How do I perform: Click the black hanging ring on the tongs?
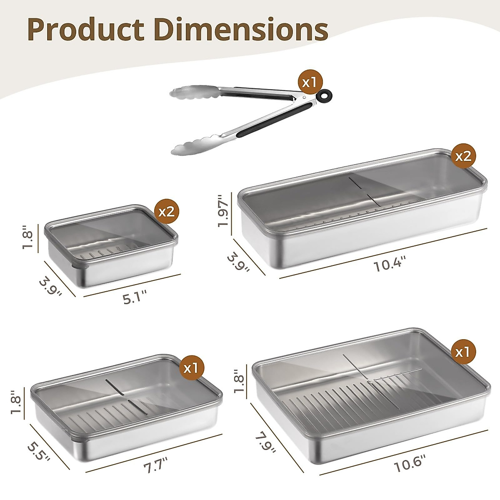324,96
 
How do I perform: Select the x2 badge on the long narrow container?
464,156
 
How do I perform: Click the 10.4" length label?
389,264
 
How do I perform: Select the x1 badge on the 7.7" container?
192,367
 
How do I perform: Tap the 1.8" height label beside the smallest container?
27,238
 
